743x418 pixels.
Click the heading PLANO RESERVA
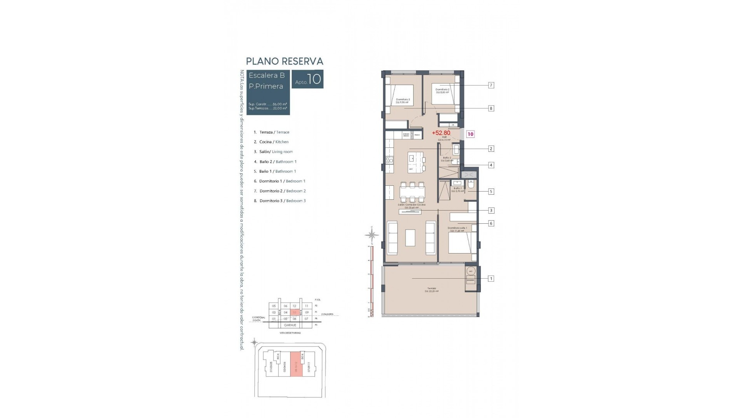[x=284, y=61]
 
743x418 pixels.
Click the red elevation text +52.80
[x=441, y=133]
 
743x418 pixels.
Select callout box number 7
[x=491, y=85]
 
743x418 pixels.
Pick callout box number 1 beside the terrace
[x=491, y=278]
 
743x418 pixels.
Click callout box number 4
[x=491, y=165]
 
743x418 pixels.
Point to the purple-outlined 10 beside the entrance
[x=471, y=134]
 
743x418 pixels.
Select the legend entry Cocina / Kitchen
[x=274, y=142]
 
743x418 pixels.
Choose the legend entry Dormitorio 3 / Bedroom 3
[x=282, y=201]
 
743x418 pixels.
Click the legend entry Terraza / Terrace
[x=274, y=132]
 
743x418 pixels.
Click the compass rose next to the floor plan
[x=372, y=234]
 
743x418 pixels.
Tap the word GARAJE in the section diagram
[x=290, y=325]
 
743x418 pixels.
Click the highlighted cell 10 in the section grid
[x=295, y=312]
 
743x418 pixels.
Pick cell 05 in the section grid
[x=274, y=306]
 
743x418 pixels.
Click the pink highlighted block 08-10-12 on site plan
[x=296, y=370]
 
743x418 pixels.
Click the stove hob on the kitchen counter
[x=389, y=160]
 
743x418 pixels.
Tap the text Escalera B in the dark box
[x=267, y=75]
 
